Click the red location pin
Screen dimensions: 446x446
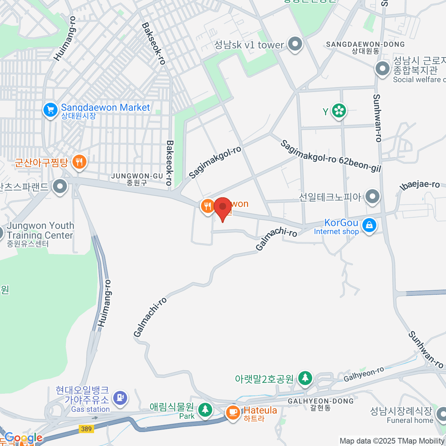223,207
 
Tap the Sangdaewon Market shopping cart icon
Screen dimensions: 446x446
50,110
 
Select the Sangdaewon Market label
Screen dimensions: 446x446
106,108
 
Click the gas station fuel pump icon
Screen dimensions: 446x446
120,398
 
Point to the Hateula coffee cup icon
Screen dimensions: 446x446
233,412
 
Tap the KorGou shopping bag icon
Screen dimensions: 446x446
369,225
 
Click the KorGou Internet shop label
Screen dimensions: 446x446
336,227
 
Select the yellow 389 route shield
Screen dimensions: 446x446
86,429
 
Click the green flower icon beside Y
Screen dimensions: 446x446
339,110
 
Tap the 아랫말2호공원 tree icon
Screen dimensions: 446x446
305,378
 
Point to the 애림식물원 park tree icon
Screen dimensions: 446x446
205,410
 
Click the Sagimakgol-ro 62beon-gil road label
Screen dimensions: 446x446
331,156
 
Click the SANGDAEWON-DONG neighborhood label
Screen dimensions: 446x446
365,45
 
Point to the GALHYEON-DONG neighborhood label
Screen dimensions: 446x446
321,401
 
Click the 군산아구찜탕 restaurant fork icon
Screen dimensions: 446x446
78,162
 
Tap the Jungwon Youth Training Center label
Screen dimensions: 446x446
40,230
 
